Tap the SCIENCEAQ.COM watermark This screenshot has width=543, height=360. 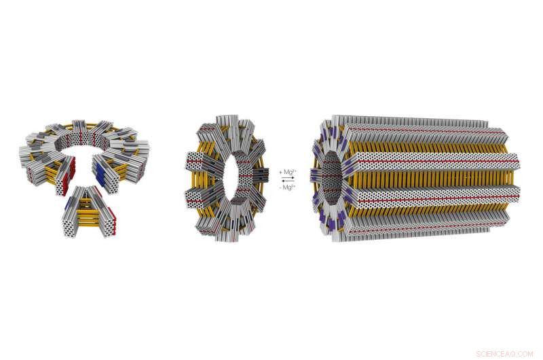tap(506, 353)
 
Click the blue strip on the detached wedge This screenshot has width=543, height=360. tap(67, 203)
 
